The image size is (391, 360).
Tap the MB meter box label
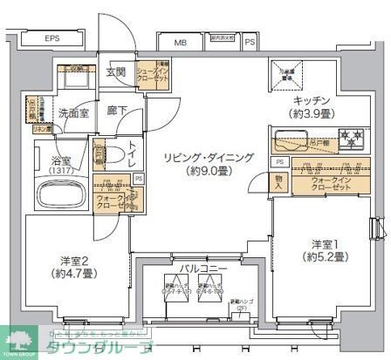click(x=180, y=42)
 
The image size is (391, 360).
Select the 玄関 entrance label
click(x=116, y=72)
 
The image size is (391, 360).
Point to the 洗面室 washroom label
click(x=74, y=113)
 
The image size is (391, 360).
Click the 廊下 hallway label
click(x=116, y=112)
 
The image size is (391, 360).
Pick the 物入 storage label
click(x=278, y=181)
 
